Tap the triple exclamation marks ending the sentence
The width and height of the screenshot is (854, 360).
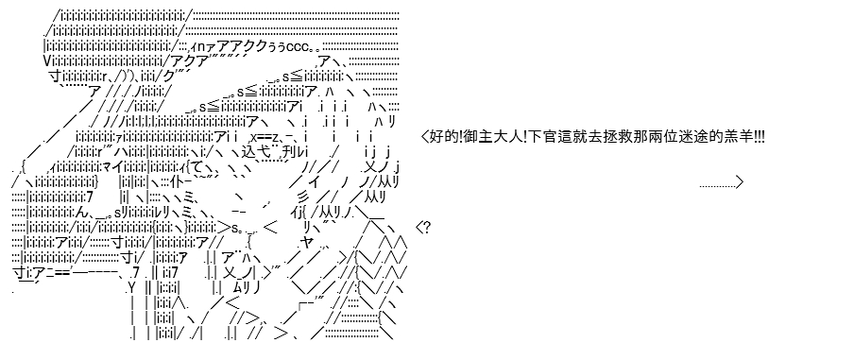759,136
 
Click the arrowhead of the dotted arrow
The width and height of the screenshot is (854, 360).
739,182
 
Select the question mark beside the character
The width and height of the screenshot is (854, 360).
427,227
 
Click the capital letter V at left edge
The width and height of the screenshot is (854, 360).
47,61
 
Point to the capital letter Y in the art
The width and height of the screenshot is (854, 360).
130,286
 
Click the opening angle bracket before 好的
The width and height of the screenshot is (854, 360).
425,136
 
